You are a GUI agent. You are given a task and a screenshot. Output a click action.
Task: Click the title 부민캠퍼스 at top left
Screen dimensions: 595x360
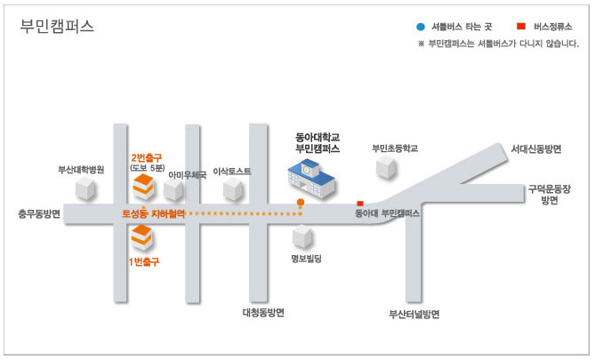[x=57, y=27]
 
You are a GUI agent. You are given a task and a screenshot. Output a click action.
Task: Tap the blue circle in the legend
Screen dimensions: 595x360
[x=421, y=27]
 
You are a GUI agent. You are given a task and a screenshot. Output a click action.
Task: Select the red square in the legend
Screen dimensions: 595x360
[x=521, y=26]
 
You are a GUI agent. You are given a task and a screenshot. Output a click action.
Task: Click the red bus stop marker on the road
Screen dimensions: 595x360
[x=360, y=204]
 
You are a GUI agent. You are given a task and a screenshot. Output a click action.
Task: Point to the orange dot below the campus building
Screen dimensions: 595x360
[x=301, y=202]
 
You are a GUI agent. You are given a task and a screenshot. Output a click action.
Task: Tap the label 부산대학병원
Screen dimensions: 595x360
[x=81, y=170]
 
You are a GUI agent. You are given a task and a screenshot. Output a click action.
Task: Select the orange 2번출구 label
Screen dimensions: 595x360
[x=147, y=158]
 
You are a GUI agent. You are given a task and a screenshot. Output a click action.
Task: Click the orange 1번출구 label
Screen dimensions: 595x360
[x=144, y=261]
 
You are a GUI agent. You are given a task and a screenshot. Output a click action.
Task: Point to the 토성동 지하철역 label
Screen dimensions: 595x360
[x=153, y=214]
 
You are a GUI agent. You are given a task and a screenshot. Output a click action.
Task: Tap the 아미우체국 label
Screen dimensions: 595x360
[x=188, y=175]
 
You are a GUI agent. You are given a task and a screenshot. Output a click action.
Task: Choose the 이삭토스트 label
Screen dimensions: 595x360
[x=232, y=172]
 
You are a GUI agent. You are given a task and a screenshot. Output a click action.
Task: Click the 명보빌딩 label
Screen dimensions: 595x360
[x=306, y=259]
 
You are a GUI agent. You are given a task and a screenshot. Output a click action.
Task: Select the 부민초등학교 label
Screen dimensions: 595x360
[x=395, y=148]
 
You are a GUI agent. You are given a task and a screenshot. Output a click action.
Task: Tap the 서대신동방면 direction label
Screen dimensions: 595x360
[x=535, y=148]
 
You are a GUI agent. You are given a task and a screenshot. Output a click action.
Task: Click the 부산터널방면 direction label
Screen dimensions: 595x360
[x=414, y=314]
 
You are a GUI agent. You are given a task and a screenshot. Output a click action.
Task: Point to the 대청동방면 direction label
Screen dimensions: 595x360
[x=263, y=313]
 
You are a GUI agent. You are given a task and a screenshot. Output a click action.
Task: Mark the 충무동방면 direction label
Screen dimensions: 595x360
[x=39, y=214]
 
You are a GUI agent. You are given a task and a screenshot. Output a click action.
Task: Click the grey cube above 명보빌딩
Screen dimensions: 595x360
[x=302, y=236]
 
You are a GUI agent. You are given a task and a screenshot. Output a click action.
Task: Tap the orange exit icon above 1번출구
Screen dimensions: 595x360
[x=142, y=237]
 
